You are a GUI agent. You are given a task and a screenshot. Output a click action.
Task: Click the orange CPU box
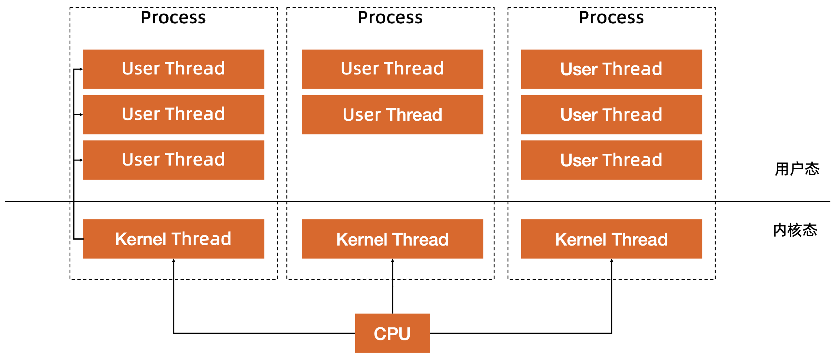[392, 333]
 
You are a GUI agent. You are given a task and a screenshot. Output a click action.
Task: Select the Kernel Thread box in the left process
[173, 239]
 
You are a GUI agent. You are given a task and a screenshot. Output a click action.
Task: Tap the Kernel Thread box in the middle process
[392, 239]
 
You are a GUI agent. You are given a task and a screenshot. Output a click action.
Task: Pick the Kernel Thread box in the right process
[611, 239]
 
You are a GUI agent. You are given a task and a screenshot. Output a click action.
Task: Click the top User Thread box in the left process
[173, 69]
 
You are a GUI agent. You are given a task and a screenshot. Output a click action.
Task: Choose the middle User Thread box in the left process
[173, 114]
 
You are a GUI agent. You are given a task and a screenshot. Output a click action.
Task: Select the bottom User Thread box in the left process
[173, 160]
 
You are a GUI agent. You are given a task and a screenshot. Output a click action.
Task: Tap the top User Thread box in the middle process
[392, 69]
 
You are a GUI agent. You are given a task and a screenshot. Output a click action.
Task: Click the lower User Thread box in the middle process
[392, 114]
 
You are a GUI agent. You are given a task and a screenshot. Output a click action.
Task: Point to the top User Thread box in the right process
[611, 69]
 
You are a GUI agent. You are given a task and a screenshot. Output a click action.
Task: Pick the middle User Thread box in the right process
[611, 114]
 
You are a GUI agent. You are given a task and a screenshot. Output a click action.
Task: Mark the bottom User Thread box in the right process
[611, 160]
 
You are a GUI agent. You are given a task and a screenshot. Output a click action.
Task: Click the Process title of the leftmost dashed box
[173, 17]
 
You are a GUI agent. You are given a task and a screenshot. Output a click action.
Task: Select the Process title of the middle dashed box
[390, 17]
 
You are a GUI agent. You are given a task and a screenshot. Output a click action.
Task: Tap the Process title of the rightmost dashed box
[611, 17]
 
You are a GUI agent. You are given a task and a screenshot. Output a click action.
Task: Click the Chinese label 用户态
[797, 169]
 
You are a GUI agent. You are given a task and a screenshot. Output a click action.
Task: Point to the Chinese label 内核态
[795, 230]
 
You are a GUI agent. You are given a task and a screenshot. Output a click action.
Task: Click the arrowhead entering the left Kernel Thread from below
[173, 261]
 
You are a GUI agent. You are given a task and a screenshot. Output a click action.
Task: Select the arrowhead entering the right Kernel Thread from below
[612, 261]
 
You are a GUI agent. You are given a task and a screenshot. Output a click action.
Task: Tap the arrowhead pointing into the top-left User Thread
[81, 69]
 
